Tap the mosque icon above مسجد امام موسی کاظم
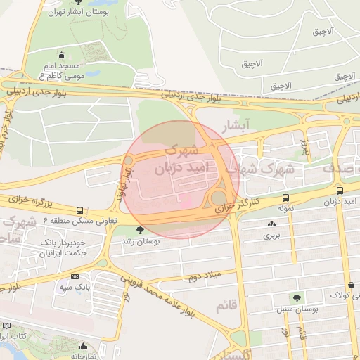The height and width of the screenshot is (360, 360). click(62, 55)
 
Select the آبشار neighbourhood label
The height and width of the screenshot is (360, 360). click(236, 126)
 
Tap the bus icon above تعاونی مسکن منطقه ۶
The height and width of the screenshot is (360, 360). click(79, 210)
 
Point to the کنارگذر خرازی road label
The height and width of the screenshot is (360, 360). click(236, 205)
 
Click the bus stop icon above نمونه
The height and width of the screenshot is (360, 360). click(285, 198)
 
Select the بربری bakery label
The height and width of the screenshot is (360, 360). click(271, 236)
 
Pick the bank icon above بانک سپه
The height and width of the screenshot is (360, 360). click(75, 277)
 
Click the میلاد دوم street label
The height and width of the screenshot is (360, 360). click(204, 276)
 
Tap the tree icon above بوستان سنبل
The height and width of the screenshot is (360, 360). click(296, 298)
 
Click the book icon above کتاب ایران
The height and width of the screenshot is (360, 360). click(6, 326)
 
